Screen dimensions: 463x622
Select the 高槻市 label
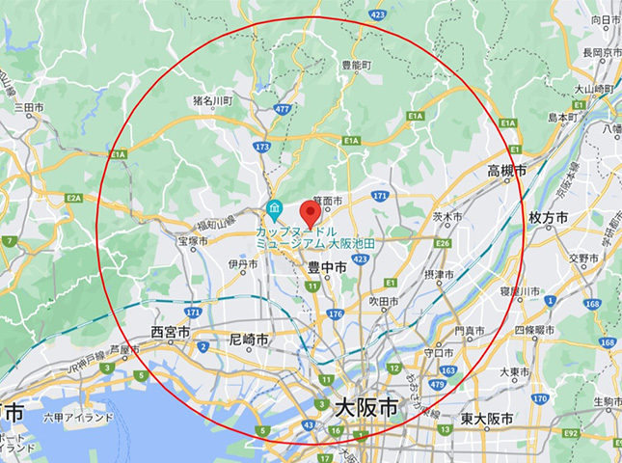click(x=506, y=171)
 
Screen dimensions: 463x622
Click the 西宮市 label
click(x=171, y=333)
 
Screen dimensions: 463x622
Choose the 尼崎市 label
click(x=249, y=340)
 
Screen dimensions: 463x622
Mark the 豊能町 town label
click(x=357, y=66)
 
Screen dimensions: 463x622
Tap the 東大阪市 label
click(x=486, y=418)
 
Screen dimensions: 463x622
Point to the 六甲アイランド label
click(x=78, y=418)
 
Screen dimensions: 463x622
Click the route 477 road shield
click(x=282, y=111)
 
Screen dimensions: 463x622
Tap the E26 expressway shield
click(x=443, y=243)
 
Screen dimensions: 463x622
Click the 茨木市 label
click(x=447, y=217)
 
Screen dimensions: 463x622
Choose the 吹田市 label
click(x=383, y=302)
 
